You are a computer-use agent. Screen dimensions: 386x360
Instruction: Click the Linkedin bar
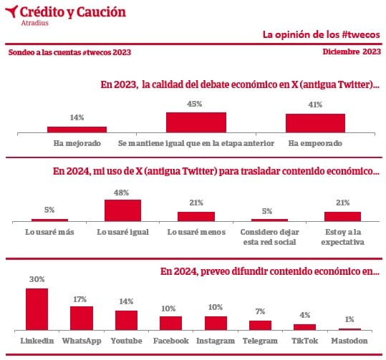[37, 309]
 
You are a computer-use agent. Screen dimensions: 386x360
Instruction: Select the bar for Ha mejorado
[77, 130]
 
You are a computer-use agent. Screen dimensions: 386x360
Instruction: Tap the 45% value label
[195, 104]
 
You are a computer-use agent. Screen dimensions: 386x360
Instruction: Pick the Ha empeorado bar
[315, 123]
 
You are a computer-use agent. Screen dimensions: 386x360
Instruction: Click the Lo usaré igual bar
[123, 210]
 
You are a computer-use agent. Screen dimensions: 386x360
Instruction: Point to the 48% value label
[121, 193]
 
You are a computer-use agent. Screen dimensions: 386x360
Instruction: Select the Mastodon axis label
[349, 341]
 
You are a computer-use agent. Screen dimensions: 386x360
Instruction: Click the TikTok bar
[305, 327]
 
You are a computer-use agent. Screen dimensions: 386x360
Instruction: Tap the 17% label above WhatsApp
[79, 299]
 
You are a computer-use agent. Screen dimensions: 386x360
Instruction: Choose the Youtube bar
[126, 320]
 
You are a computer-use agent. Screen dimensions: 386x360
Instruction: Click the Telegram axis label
[260, 341]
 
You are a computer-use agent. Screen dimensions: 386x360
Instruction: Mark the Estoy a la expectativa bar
[342, 217]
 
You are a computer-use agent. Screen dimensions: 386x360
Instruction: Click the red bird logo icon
[11, 11]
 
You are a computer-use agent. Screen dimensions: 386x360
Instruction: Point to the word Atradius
[34, 23]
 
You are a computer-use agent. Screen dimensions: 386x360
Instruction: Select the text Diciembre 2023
[352, 52]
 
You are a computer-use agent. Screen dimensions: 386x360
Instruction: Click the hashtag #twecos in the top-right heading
[361, 34]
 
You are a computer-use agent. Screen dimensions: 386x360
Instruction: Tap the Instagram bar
[216, 323]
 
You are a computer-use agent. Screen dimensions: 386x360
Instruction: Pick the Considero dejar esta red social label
[269, 237]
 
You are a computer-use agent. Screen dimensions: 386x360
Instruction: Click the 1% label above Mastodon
[349, 319]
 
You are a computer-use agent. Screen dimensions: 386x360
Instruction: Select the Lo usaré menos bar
[196, 217]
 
